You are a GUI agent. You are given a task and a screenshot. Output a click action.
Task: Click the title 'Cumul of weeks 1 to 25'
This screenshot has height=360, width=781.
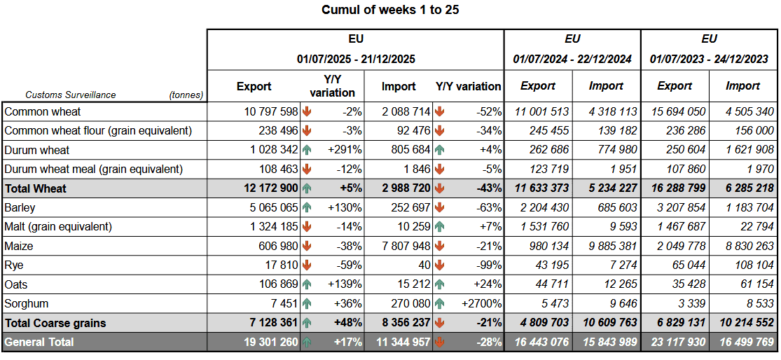click(x=390, y=10)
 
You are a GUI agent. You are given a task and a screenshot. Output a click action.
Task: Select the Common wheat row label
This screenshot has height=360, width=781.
click(x=43, y=111)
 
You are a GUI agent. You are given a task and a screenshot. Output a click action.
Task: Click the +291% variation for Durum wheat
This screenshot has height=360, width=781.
click(x=345, y=150)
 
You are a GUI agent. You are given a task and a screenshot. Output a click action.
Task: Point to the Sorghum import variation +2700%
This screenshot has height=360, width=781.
click(x=481, y=304)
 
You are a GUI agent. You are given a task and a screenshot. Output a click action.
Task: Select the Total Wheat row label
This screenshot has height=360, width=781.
click(x=36, y=188)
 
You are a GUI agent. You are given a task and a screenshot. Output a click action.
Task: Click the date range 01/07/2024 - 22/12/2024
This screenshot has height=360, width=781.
click(x=572, y=59)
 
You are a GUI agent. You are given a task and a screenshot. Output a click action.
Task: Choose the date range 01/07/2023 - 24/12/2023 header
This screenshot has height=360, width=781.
click(x=709, y=59)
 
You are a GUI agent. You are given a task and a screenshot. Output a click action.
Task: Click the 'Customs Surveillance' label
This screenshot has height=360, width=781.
click(x=71, y=95)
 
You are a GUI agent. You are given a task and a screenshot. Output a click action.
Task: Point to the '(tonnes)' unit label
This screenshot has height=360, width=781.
click(x=186, y=95)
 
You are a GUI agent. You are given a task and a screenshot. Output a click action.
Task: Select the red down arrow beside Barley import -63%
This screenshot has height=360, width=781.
click(x=439, y=208)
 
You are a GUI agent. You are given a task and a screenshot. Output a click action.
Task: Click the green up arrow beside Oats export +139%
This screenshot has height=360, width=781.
click(x=307, y=285)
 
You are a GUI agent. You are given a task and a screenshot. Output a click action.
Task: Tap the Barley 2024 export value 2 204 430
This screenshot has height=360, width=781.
click(x=541, y=208)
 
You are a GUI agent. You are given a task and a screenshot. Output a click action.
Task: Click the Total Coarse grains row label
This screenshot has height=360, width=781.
click(x=55, y=323)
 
